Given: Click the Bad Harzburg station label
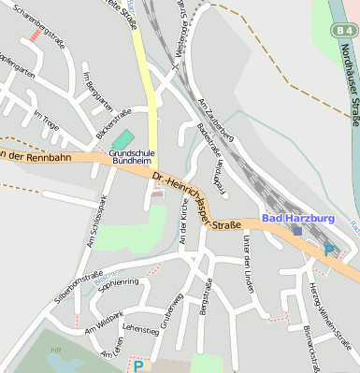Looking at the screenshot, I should pos(297,218).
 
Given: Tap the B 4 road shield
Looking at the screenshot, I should pos(342,31).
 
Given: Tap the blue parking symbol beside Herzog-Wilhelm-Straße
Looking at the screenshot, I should pos(329,250).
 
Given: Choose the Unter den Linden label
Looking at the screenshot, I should pos(248,265).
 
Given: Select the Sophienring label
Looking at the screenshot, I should pos(118,283).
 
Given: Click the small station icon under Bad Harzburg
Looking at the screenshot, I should pos(297,230).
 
